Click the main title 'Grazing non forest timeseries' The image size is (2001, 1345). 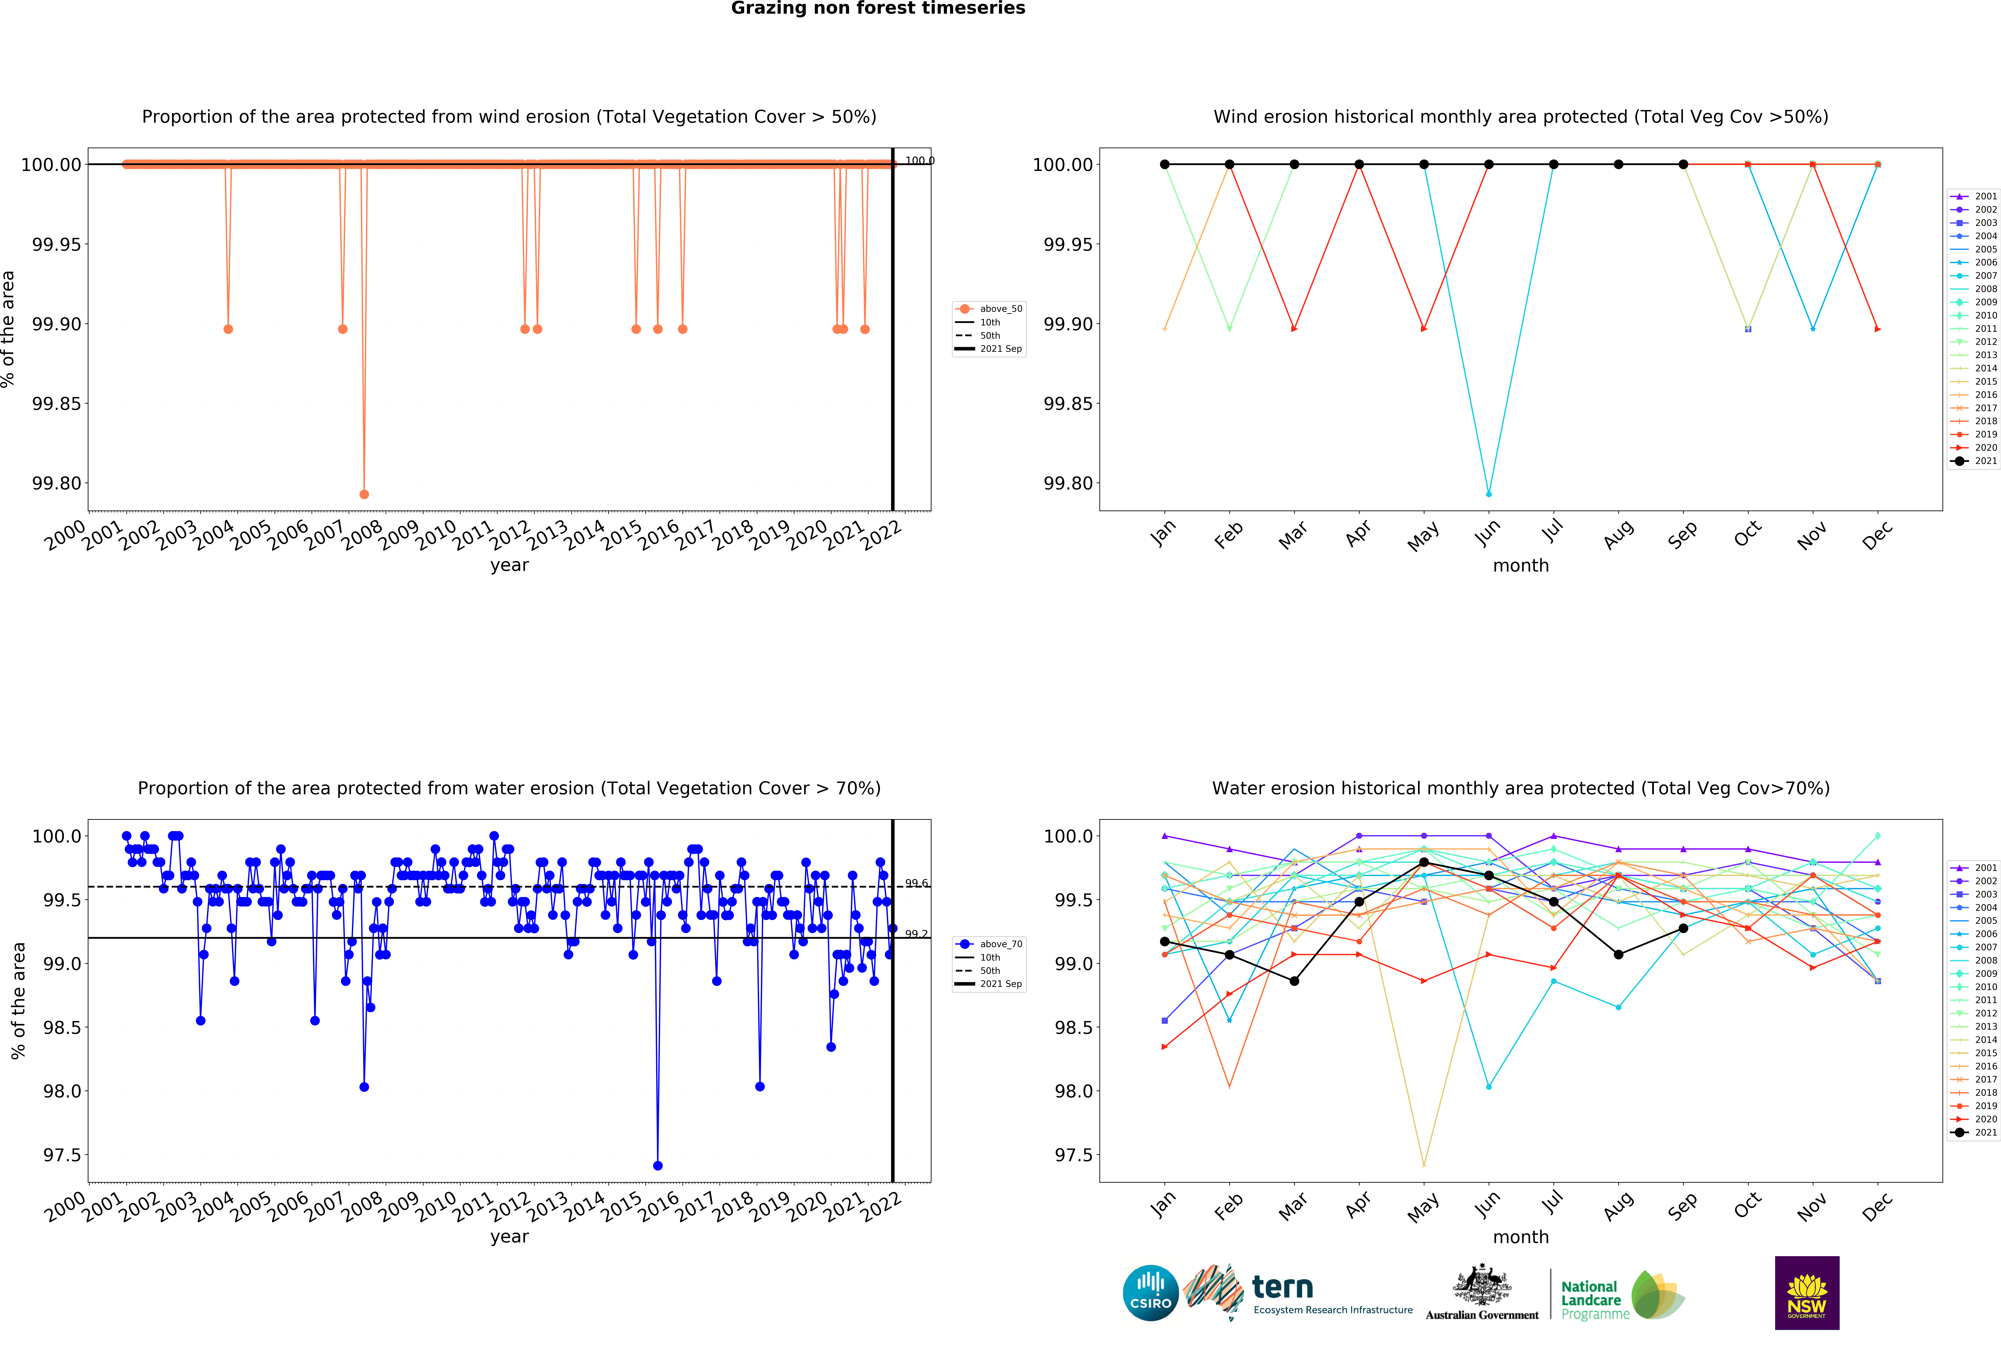point(877,9)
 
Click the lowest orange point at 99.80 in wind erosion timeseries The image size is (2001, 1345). point(365,494)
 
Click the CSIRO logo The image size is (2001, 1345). point(1150,1293)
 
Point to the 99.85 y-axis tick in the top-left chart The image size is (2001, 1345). point(57,404)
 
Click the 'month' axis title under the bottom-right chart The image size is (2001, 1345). point(1521,1237)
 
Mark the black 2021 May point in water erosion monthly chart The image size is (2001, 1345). point(1424,862)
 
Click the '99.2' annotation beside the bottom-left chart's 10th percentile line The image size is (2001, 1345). point(916,934)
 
